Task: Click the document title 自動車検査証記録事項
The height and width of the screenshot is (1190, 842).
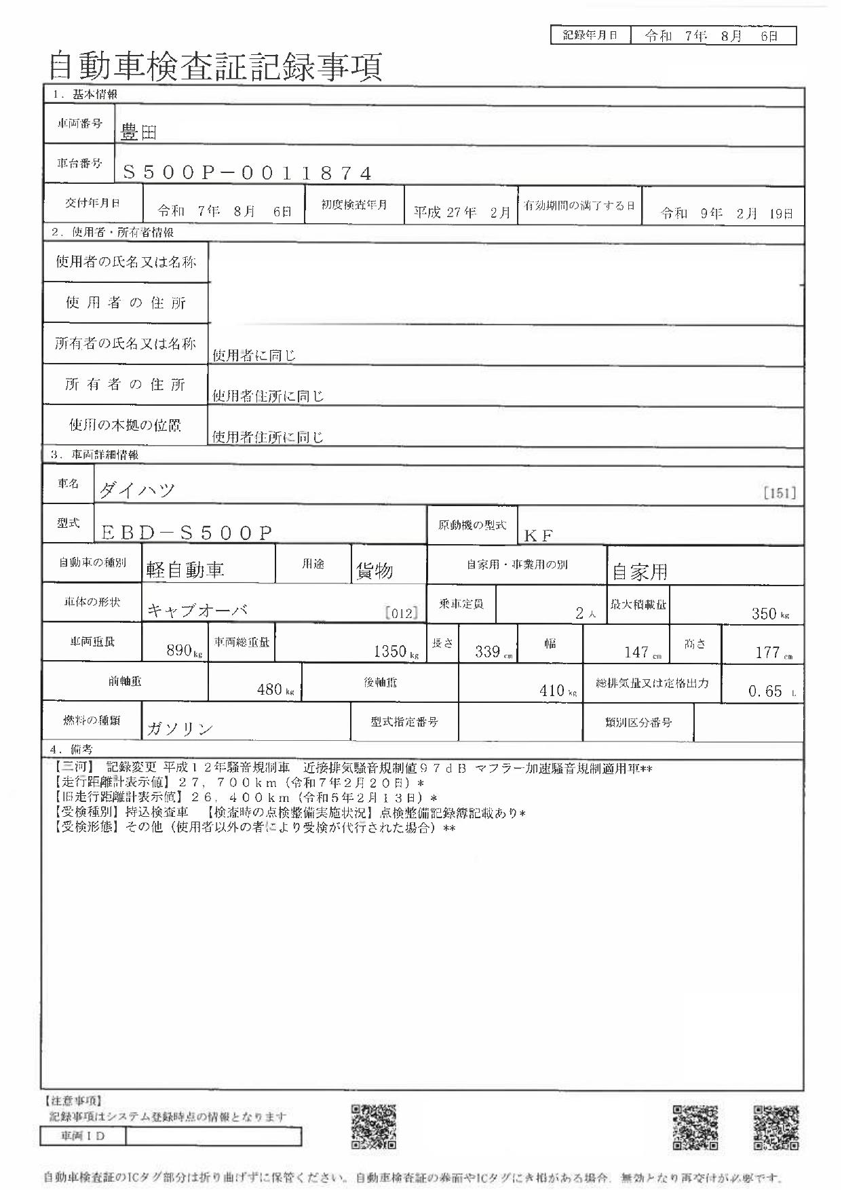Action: [216, 67]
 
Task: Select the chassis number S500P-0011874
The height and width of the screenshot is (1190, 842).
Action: [247, 173]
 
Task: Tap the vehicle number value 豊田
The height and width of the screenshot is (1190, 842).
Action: [138, 132]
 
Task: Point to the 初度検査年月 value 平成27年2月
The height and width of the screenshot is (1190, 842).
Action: [461, 212]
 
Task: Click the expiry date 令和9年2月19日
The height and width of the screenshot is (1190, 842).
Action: [727, 214]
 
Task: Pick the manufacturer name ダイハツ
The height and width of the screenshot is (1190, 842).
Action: [138, 491]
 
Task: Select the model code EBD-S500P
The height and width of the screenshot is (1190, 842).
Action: [187, 533]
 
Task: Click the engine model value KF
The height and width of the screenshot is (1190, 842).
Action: [539, 535]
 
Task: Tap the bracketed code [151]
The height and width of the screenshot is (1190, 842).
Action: [779, 493]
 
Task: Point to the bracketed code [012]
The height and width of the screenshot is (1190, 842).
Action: [401, 613]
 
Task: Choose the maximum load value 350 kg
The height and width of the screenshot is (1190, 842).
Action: [770, 613]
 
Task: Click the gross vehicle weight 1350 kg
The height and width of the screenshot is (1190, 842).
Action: [396, 652]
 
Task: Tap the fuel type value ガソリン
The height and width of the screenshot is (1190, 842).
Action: [180, 729]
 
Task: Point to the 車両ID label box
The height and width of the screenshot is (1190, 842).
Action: [83, 1135]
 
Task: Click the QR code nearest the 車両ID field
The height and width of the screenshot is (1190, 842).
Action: [373, 1127]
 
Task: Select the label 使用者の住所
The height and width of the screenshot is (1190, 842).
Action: [126, 303]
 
